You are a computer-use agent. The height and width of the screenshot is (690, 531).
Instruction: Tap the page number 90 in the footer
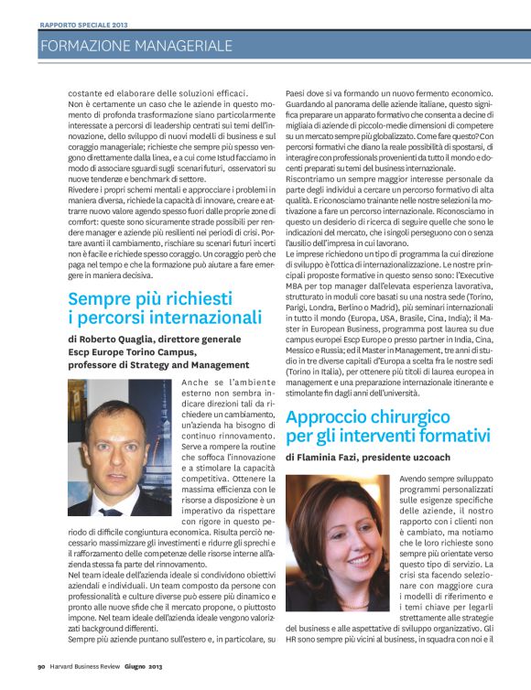pos(41,678)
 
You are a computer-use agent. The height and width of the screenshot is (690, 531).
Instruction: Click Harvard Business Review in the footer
pos(91,678)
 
